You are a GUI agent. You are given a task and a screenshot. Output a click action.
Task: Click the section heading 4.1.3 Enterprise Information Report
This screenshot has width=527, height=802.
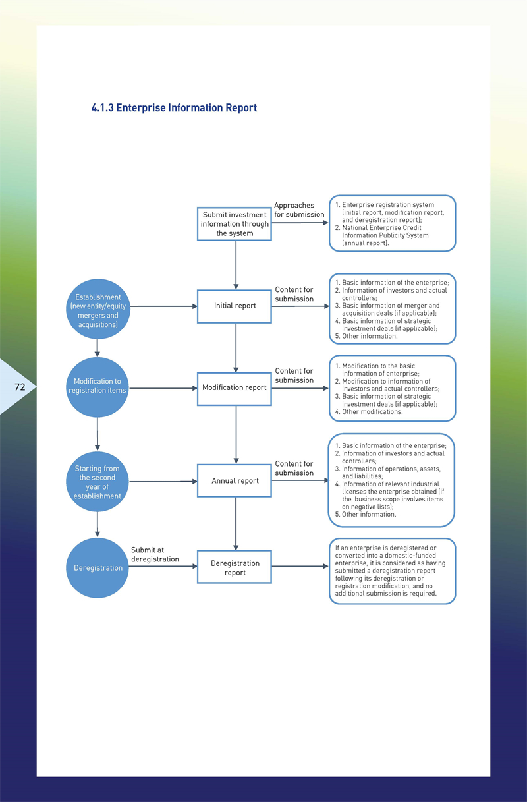[x=174, y=108]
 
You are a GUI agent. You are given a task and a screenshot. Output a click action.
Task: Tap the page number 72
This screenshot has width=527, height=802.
[x=20, y=387]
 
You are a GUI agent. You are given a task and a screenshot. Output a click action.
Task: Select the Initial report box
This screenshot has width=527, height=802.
[x=235, y=306]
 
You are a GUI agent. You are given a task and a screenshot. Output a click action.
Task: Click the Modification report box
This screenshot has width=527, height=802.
[x=235, y=388]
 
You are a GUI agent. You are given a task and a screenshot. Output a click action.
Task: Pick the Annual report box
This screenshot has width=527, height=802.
[x=235, y=480]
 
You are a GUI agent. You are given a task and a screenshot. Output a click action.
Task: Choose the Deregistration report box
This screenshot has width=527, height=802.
[x=235, y=567]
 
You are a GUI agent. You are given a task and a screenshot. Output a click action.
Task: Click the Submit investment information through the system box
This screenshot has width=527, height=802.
[x=235, y=224]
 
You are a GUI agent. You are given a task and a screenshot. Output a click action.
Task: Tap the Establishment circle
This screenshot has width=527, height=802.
[x=97, y=309]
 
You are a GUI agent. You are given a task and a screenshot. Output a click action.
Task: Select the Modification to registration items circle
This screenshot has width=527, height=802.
[x=97, y=387]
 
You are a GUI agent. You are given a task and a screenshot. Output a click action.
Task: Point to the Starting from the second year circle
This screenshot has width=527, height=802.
[x=97, y=482]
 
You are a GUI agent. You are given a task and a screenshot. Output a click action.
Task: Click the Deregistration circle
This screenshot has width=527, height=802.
[x=97, y=568]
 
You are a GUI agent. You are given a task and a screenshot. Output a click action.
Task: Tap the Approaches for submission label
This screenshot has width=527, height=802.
[x=299, y=210]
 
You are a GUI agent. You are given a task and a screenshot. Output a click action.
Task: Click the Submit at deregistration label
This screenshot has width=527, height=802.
[x=155, y=554]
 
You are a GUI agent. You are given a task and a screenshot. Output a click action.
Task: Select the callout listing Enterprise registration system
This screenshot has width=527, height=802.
[x=393, y=223]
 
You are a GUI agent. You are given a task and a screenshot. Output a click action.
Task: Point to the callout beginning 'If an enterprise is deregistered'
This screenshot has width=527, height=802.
[x=393, y=571]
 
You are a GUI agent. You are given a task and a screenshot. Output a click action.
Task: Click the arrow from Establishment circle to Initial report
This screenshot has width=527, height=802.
[x=163, y=306]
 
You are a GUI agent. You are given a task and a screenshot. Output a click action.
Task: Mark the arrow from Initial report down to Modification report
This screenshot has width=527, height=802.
[x=236, y=348]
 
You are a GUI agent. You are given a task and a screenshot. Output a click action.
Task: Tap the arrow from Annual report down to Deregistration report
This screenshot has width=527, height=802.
[x=236, y=523]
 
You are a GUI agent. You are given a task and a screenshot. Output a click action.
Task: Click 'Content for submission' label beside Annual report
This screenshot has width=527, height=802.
[x=294, y=468]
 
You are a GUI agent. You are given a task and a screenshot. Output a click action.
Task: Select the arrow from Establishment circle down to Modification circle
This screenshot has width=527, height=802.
[x=97, y=348]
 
